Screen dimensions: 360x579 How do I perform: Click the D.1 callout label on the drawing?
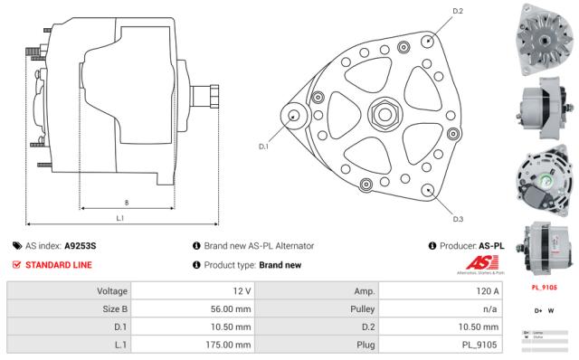[x=263, y=146]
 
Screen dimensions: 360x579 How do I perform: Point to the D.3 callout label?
[x=458, y=219]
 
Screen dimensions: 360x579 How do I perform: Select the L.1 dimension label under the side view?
[x=120, y=218]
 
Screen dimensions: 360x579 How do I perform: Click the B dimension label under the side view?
[x=125, y=202]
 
